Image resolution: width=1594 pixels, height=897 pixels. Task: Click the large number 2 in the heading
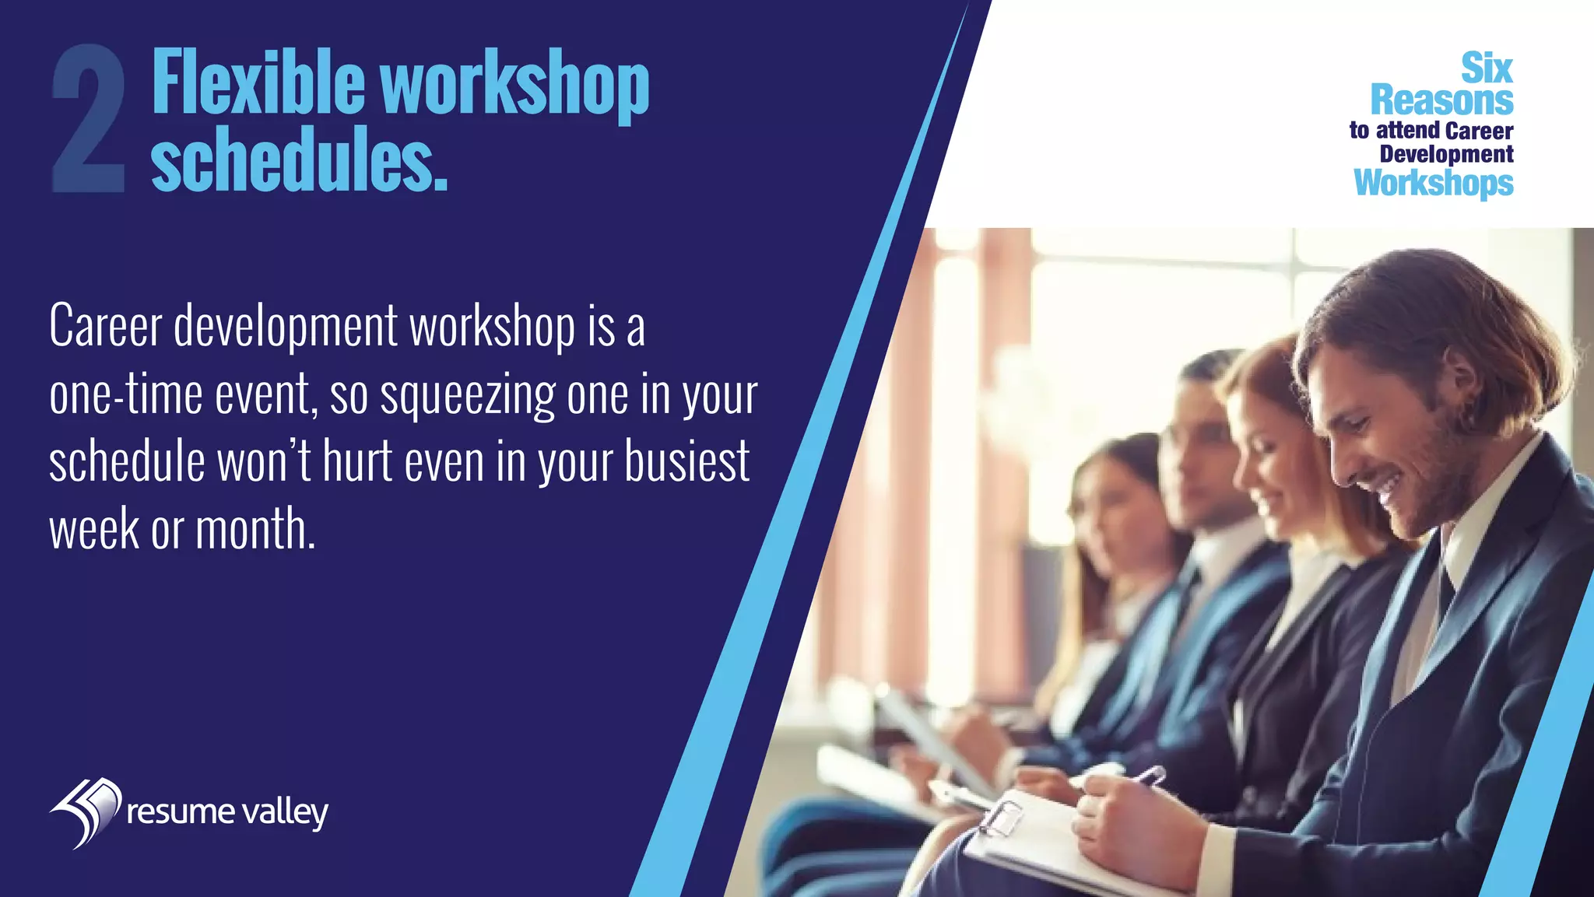point(88,118)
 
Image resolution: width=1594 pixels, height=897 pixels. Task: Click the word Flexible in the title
point(258,82)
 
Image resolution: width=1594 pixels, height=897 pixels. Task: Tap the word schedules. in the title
point(299,159)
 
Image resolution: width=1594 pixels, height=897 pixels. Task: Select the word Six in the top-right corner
point(1486,68)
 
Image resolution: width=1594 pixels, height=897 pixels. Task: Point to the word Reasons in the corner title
point(1441,100)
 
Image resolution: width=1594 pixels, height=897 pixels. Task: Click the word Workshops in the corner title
point(1433,183)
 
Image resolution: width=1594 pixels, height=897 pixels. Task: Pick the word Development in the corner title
point(1446,154)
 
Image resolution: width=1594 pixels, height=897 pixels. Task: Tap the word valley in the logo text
point(285,813)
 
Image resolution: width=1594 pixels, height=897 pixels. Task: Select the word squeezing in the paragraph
point(467,395)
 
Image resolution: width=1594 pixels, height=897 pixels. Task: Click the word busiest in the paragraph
point(686,462)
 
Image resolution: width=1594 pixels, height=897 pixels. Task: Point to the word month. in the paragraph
point(255,529)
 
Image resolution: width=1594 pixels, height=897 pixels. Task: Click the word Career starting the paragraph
point(105,327)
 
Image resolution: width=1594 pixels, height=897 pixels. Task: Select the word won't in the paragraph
point(264,462)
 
